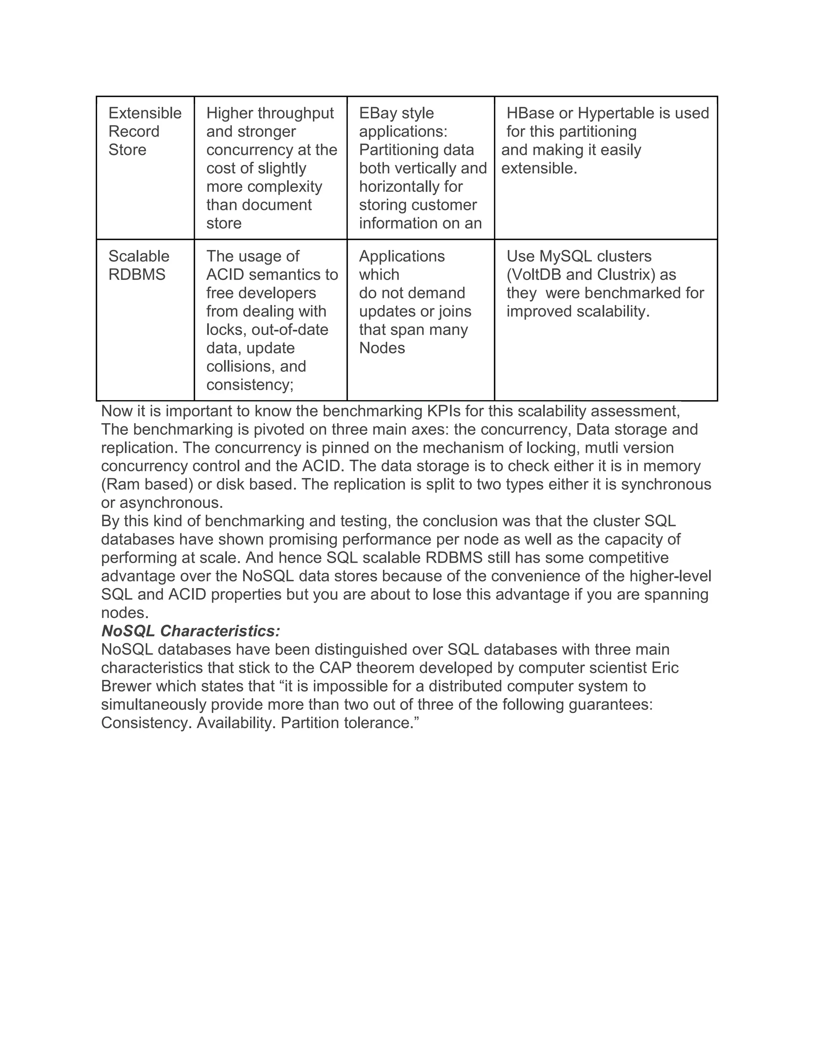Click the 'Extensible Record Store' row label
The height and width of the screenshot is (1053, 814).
[x=145, y=131]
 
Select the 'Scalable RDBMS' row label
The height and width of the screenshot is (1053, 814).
[x=138, y=265]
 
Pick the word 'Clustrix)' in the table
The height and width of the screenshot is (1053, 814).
[x=626, y=274]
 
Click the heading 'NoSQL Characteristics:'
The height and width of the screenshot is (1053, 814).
[x=190, y=631]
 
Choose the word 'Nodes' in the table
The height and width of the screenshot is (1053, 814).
[x=382, y=348]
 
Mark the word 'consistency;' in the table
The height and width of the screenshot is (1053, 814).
[x=250, y=384]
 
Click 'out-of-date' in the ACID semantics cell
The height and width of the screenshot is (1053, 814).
[x=290, y=329]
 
